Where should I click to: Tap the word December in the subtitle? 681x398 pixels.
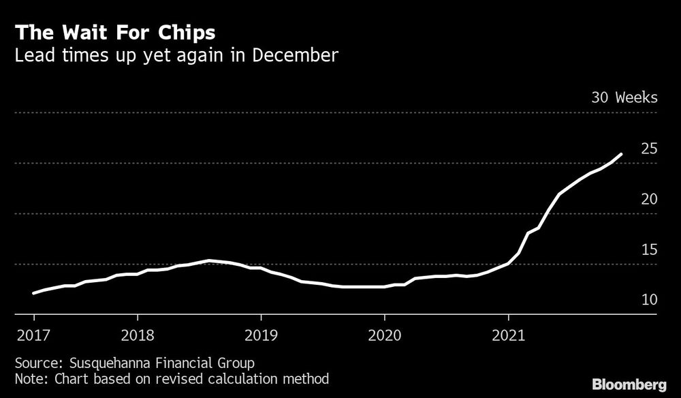(295, 55)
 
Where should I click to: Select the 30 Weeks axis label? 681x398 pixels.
(624, 97)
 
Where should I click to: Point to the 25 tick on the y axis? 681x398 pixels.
(648, 149)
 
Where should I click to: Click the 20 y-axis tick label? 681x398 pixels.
(648, 199)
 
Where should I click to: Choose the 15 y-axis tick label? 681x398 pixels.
(648, 249)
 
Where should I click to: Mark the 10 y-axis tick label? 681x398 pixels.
(648, 300)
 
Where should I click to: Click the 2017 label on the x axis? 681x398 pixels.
(34, 335)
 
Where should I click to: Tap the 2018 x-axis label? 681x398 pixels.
(138, 335)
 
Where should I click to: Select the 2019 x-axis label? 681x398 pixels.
(261, 335)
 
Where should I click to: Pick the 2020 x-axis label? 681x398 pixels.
(385, 335)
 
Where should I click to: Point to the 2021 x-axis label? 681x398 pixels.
(508, 335)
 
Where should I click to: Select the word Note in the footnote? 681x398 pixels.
(27, 378)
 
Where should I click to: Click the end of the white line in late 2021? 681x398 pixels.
(621, 154)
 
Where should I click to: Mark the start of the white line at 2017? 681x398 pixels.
(34, 293)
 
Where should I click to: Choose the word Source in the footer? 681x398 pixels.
(33, 363)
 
